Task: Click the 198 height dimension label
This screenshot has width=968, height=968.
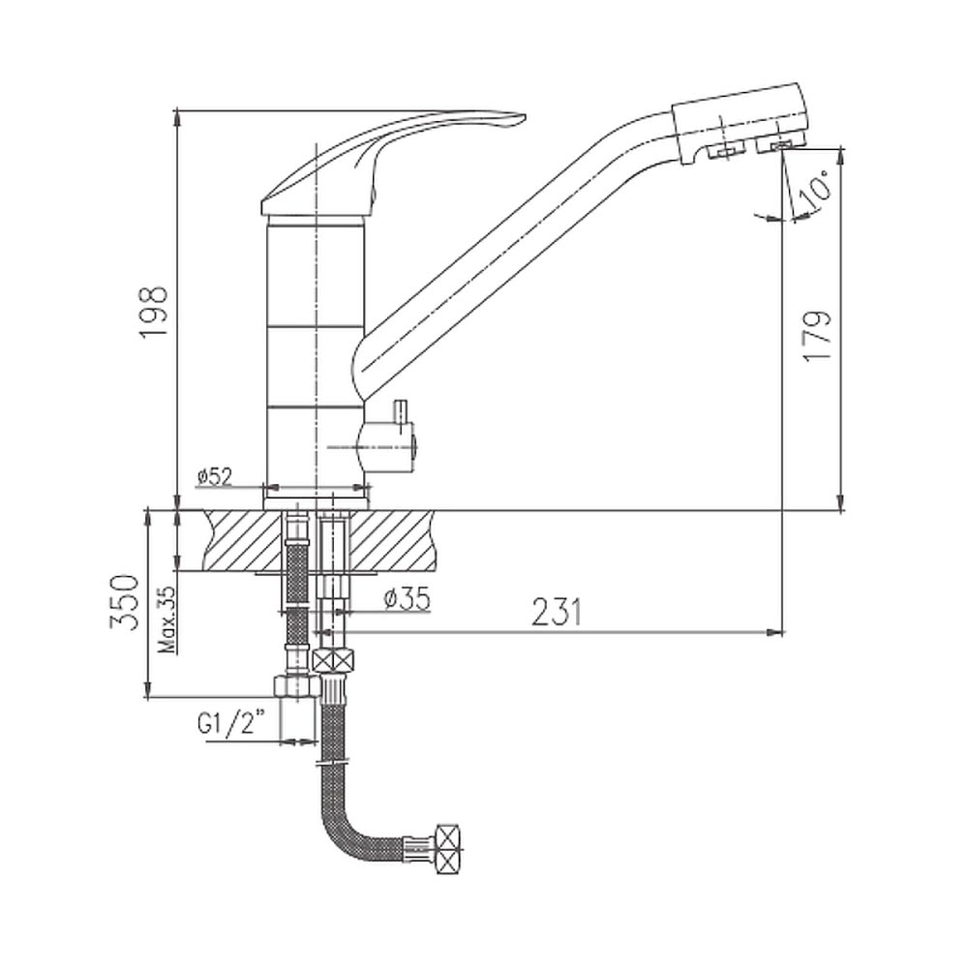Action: pyautogui.click(x=153, y=311)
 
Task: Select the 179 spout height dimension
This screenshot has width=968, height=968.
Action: pyautogui.click(x=819, y=337)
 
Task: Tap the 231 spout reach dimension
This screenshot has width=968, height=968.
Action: pyautogui.click(x=557, y=612)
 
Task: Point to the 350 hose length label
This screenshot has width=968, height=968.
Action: pyautogui.click(x=123, y=602)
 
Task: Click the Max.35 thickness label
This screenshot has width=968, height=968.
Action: pyautogui.click(x=167, y=620)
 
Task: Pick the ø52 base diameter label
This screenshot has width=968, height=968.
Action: pyautogui.click(x=215, y=476)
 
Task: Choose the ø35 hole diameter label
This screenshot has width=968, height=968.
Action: pyautogui.click(x=407, y=598)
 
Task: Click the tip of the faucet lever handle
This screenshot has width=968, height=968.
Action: pyautogui.click(x=524, y=117)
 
